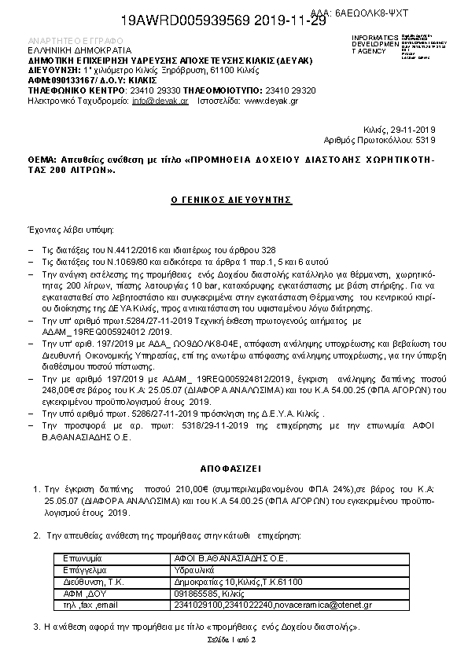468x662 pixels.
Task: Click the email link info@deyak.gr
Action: click(x=160, y=101)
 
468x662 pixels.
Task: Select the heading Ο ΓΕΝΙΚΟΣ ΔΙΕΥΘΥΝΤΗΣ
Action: click(x=232, y=200)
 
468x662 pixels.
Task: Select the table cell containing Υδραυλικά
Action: click(x=193, y=569)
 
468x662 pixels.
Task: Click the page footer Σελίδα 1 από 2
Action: click(x=234, y=640)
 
